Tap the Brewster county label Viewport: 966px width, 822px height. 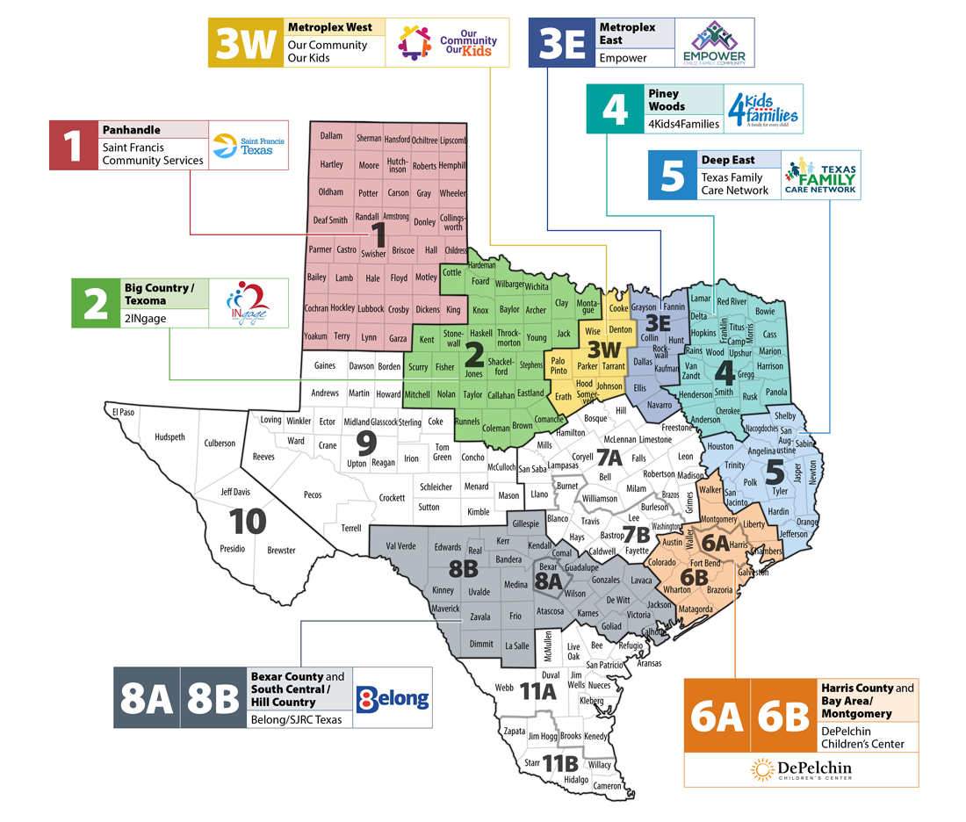[281, 551]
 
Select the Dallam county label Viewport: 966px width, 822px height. [331, 137]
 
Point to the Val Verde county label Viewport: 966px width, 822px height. [400, 545]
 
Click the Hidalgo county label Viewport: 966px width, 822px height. [576, 779]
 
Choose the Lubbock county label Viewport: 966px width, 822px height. [370, 308]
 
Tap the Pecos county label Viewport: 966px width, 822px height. [313, 494]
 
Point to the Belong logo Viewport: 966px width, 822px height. [393, 698]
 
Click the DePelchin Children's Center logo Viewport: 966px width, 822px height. [801, 770]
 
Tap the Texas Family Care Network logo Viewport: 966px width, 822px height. [818, 175]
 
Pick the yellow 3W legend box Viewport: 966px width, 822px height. [246, 42]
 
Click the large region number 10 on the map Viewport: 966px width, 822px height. [249, 522]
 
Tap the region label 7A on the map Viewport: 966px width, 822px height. [609, 457]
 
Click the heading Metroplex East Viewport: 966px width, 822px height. [626, 33]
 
